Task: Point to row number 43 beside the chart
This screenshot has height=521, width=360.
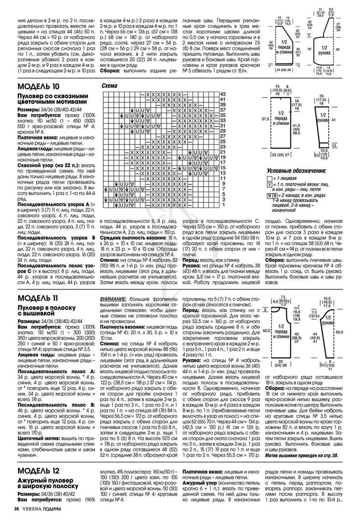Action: (x=222, y=94)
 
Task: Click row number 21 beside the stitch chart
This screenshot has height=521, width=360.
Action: (x=222, y=152)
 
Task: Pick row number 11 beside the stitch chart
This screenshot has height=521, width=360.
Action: (x=223, y=178)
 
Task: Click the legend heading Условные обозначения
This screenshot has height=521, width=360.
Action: (x=296, y=171)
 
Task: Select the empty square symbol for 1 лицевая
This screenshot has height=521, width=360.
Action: (x=269, y=178)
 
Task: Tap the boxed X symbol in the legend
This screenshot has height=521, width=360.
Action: (x=269, y=185)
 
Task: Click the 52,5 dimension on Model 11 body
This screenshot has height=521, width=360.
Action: (x=266, y=330)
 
